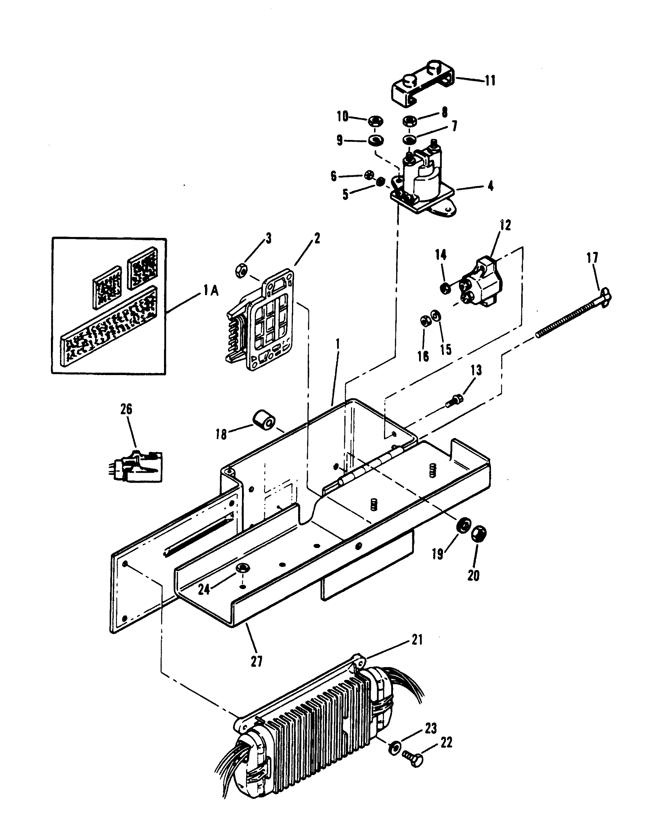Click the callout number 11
click(x=490, y=81)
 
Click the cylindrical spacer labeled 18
click(x=264, y=419)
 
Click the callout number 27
click(x=257, y=661)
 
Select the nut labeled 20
click(x=479, y=534)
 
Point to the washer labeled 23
click(x=394, y=747)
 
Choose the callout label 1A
click(x=211, y=290)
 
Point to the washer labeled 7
click(x=409, y=139)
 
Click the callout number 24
click(x=204, y=589)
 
